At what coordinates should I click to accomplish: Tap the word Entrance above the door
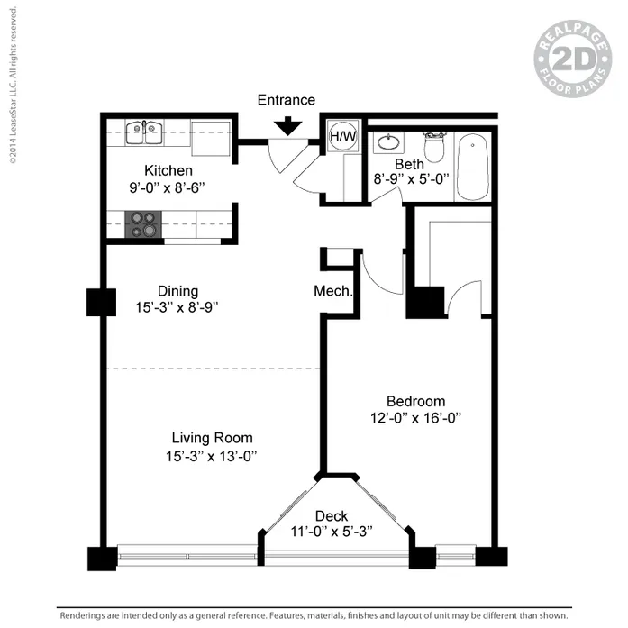point(287,100)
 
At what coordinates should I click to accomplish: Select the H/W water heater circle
point(342,136)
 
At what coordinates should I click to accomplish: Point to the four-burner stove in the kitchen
point(140,223)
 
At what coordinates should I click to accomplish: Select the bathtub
point(472,167)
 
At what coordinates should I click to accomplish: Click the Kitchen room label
point(168,170)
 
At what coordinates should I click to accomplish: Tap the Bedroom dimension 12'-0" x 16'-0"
point(416,418)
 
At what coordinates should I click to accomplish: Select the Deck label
point(331,515)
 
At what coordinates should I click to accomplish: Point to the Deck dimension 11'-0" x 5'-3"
point(332,532)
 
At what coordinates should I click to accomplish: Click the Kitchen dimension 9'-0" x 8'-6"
point(168,187)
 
